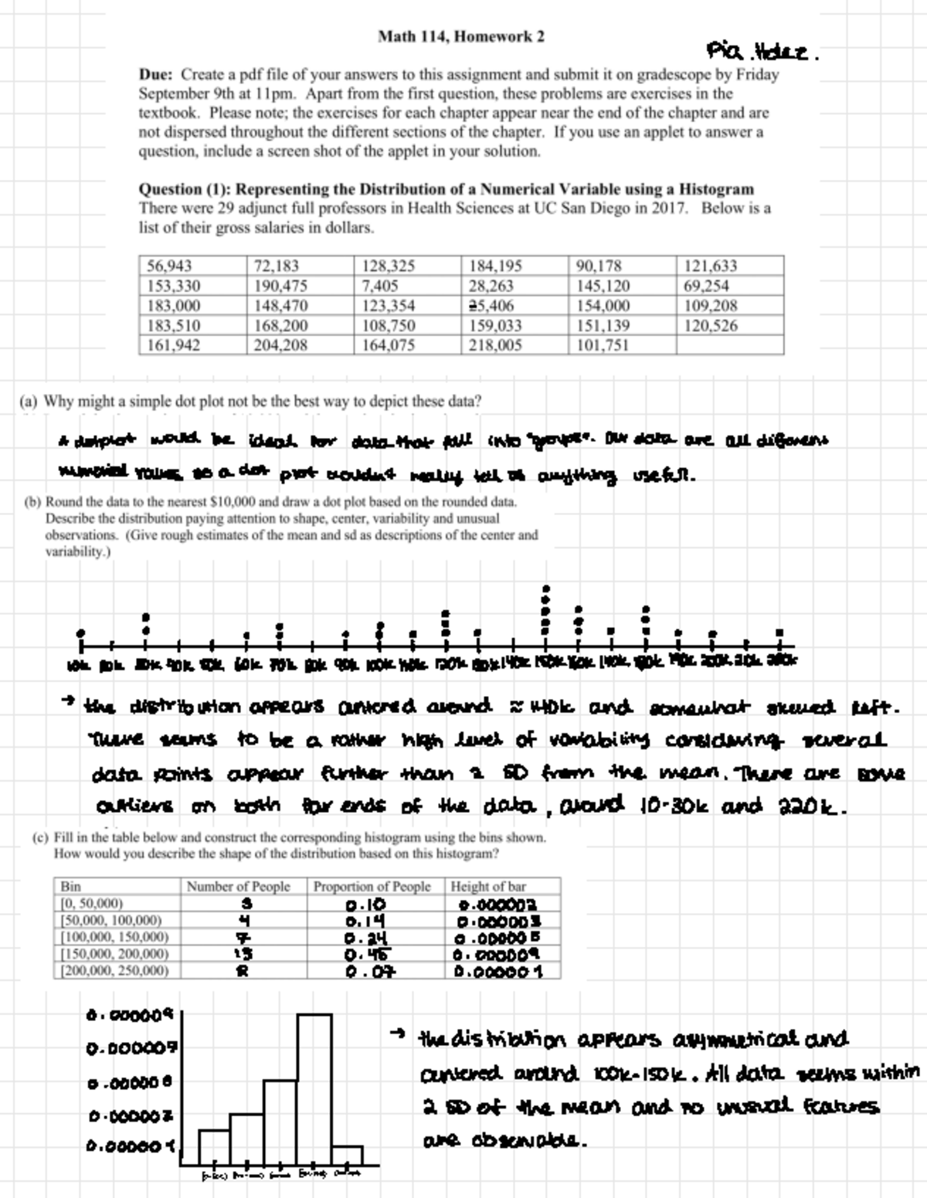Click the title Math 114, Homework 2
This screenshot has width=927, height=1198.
(461, 36)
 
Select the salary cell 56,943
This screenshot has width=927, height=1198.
(169, 266)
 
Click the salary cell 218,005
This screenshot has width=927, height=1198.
(495, 345)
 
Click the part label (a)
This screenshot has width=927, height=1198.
(29, 402)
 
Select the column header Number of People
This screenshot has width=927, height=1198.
(239, 887)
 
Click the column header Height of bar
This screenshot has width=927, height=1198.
(488, 887)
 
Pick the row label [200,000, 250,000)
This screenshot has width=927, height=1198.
(114, 970)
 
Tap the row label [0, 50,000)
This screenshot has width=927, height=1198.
(91, 904)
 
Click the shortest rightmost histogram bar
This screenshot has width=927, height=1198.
(348, 1156)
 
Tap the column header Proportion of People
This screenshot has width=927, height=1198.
(372, 887)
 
